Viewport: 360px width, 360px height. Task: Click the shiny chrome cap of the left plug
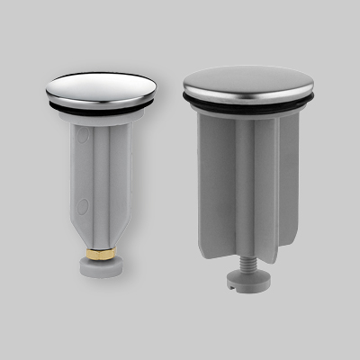pos(100,86)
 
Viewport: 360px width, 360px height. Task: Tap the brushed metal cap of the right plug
pos(248,82)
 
